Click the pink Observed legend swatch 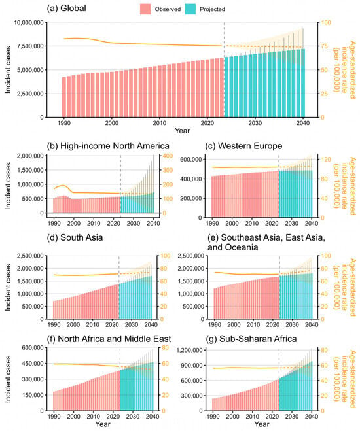[145, 9]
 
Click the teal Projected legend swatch [190, 9]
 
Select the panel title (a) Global [66, 9]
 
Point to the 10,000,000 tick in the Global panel [29, 22]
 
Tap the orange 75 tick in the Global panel [325, 46]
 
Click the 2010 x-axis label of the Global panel [159, 123]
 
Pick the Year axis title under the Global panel [182, 131]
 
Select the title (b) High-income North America [108, 146]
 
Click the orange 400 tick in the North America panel [168, 156]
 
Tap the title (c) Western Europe [243, 146]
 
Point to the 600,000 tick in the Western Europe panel [191, 160]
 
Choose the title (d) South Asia [75, 237]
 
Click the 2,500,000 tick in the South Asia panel [30, 256]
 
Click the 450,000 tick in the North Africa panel [33, 364]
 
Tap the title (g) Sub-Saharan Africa [251, 339]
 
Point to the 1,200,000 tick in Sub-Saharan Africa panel [189, 350]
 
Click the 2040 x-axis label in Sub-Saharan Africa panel [312, 417]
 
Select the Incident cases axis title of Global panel [8, 70]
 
